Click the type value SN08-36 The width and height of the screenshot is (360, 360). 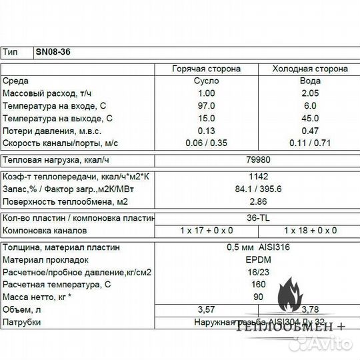[x=53, y=52]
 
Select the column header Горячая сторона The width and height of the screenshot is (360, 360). [x=207, y=69]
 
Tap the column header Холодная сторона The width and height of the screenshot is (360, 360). [x=311, y=69]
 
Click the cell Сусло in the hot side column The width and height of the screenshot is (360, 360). [x=207, y=81]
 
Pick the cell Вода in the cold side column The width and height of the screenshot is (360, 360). [x=311, y=81]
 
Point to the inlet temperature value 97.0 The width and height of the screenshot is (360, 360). [x=207, y=106]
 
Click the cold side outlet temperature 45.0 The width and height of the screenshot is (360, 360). [x=311, y=119]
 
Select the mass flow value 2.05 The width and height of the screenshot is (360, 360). [x=311, y=94]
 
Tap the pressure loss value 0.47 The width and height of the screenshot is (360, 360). [x=311, y=131]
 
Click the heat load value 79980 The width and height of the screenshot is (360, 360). [x=257, y=160]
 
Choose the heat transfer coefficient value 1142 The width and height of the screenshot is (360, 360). [x=257, y=177]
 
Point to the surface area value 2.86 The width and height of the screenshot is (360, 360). [x=257, y=201]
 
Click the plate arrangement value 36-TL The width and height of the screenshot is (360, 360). [x=257, y=218]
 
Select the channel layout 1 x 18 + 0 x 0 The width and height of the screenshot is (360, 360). [x=311, y=231]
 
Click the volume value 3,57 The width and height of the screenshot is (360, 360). [x=207, y=309]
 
